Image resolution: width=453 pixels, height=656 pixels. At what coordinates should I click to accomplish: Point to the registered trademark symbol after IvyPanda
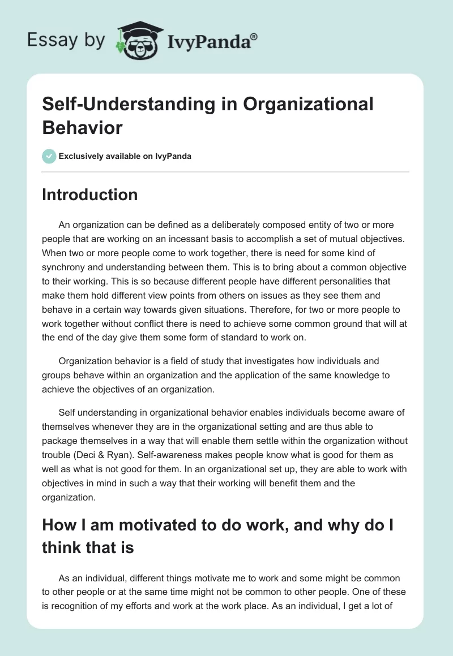(x=254, y=36)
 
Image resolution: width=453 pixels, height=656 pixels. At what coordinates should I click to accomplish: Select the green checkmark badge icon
(x=49, y=156)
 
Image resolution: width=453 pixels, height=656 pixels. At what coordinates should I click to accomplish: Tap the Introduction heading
(x=89, y=195)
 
